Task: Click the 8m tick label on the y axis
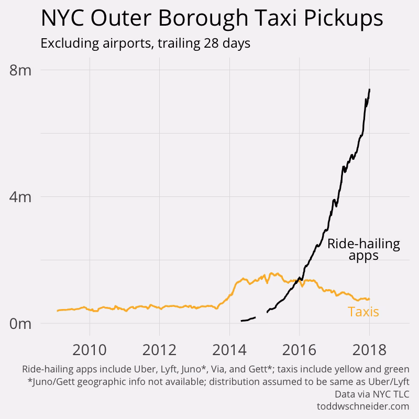pyautogui.click(x=21, y=70)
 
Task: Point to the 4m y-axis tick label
pyautogui.click(x=21, y=197)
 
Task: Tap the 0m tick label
pyautogui.click(x=21, y=324)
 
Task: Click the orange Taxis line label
pyautogui.click(x=363, y=312)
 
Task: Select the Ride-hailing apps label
pyautogui.click(x=363, y=250)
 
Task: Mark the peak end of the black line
pyautogui.click(x=370, y=90)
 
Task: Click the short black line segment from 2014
pyautogui.click(x=247, y=319)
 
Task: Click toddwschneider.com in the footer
pyautogui.click(x=362, y=406)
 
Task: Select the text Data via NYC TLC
pyautogui.click(x=372, y=394)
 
